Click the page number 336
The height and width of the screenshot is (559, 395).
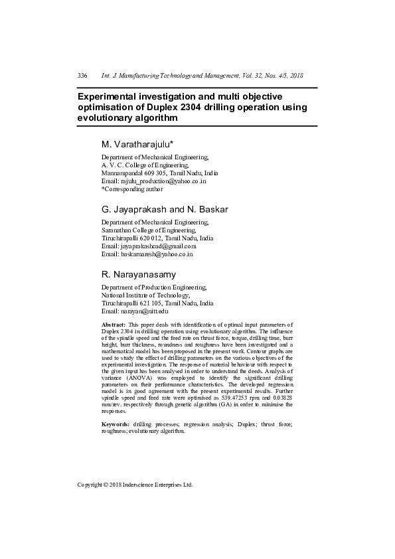coord(83,76)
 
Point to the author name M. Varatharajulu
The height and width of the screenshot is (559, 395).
coord(137,143)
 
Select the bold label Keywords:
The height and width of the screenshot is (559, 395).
coord(116,424)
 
